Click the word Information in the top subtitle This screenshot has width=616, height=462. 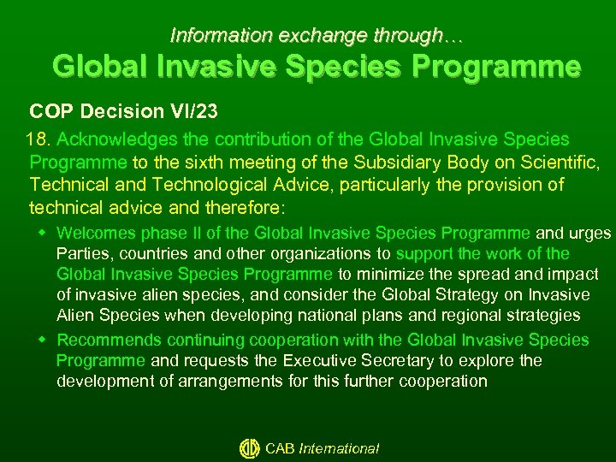pos(209,35)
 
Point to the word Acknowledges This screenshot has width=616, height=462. pos(111,139)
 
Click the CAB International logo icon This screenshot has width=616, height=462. pos(249,448)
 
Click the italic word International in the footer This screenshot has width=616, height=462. pos(339,448)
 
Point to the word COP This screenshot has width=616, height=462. pos(48,111)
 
